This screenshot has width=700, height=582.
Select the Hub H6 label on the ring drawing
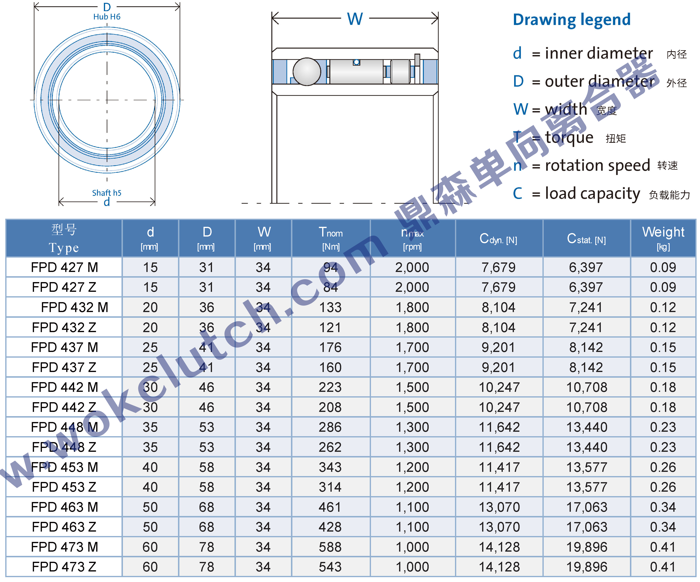107,17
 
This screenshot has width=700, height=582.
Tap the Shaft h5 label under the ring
107,193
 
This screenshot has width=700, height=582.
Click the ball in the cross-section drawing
307,72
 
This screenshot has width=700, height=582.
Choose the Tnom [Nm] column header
331,238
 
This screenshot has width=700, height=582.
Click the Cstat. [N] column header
586,239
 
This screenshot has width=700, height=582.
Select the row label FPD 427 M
64,267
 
